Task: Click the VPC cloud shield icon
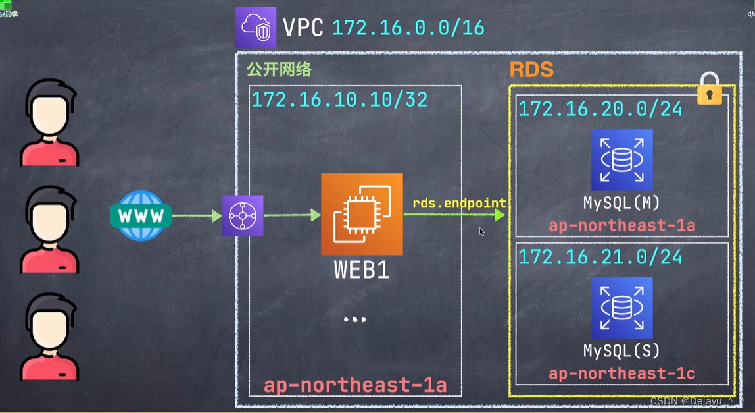[256, 27]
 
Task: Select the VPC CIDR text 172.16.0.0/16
[408, 28]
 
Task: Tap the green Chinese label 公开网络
[279, 70]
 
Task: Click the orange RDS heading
[531, 70]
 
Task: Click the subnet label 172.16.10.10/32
[339, 99]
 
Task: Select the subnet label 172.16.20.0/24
[600, 109]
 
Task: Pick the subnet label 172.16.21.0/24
[600, 256]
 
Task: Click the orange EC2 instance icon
[362, 214]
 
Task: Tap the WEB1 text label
[362, 270]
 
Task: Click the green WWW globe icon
[141, 215]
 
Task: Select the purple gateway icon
[243, 215]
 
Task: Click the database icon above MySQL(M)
[621, 160]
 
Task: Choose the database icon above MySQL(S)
[621, 308]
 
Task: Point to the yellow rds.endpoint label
[459, 203]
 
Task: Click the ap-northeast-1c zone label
[621, 374]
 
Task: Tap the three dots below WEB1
[354, 319]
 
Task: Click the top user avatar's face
[50, 116]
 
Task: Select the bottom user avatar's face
[50, 329]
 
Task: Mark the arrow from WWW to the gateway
[196, 215]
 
